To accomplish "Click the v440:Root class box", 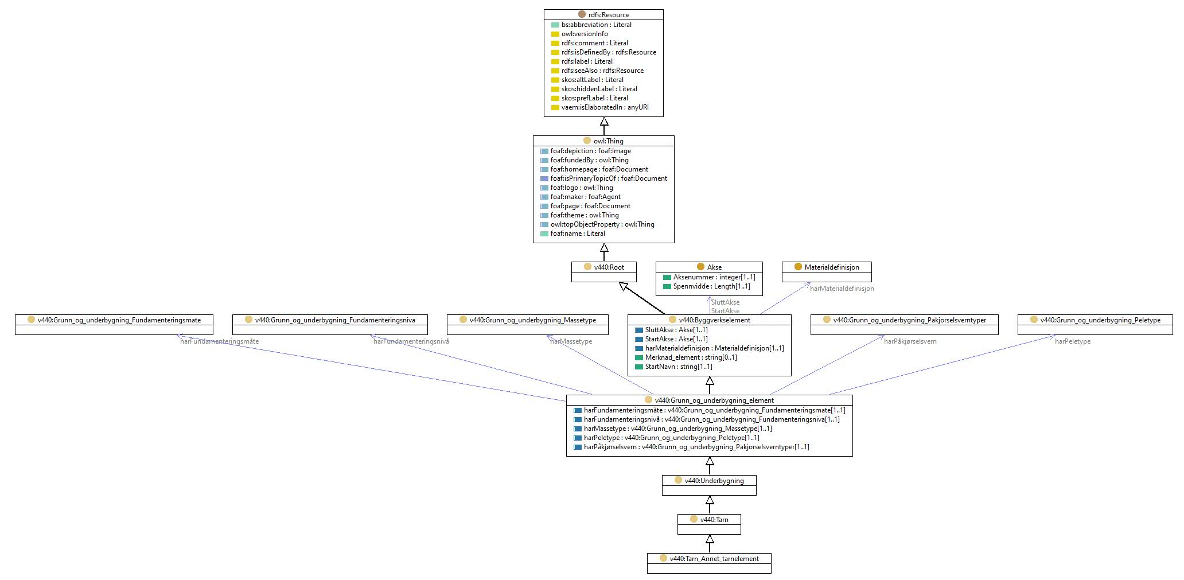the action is [x=604, y=272].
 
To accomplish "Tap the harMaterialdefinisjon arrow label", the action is [x=842, y=289].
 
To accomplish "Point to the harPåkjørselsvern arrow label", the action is [x=910, y=341].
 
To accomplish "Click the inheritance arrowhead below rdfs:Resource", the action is [x=604, y=122].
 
